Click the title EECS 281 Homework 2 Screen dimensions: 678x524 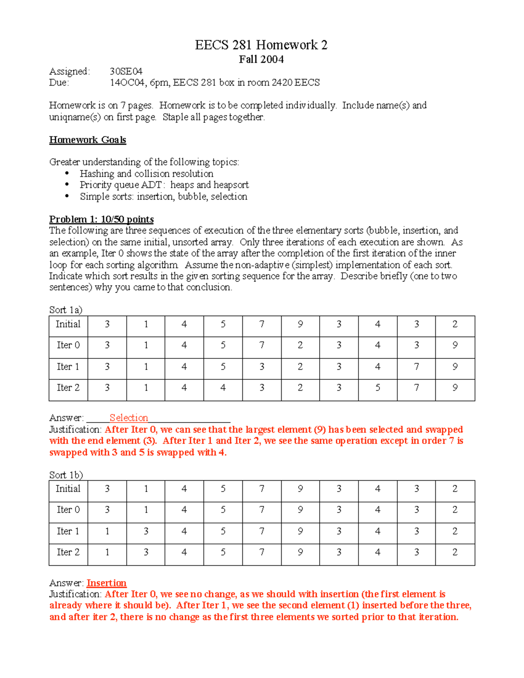[261, 45]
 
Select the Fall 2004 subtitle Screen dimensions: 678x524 [261, 59]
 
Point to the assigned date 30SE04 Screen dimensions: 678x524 [126, 71]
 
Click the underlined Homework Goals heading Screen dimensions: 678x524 [87, 140]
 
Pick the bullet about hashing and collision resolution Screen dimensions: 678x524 [146, 174]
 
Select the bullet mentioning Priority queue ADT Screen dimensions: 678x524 [164, 185]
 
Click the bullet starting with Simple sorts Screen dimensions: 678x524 [163, 196]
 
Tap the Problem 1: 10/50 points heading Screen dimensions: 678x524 [101, 219]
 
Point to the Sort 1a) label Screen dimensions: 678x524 [65, 310]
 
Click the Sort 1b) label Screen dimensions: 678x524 [66, 475]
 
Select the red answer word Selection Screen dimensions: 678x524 [128, 418]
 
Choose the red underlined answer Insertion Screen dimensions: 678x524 [107, 583]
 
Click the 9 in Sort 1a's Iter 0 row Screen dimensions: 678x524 [455, 345]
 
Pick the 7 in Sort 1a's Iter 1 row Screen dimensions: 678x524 [417, 367]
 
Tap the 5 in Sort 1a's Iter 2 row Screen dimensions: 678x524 [378, 388]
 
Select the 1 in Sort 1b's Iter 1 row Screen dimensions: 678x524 [107, 531]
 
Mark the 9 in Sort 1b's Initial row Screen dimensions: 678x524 [300, 489]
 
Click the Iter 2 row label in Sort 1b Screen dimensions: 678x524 [68, 552]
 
